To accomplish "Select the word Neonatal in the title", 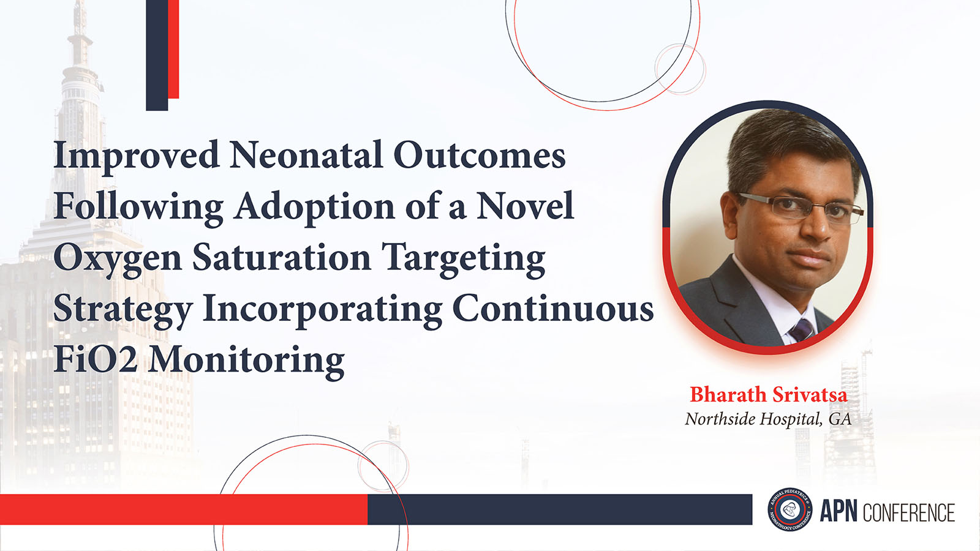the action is point(306,155).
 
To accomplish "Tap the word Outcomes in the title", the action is point(480,155).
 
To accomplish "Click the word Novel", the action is point(525,206).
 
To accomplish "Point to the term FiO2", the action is point(96,359).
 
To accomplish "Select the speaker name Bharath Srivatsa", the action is point(769,394).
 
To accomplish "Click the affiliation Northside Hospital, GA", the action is point(768,419).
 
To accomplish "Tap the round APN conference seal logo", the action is point(790,509).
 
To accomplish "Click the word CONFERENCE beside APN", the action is point(909,512).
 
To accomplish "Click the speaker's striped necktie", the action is point(802,330).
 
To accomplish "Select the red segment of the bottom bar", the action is point(184,509).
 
